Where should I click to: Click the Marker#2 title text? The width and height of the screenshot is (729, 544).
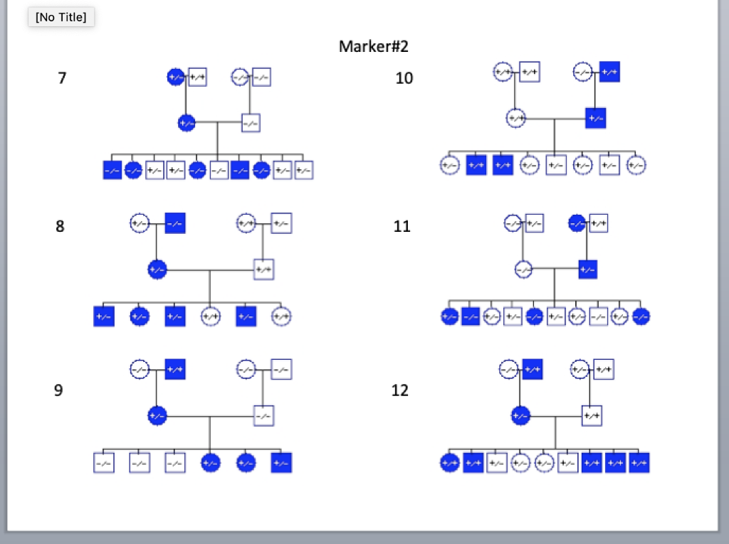(x=373, y=47)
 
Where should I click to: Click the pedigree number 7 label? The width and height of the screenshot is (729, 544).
(x=63, y=78)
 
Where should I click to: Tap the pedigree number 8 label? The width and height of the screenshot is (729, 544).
(x=60, y=227)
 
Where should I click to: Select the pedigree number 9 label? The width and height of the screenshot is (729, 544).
(x=58, y=390)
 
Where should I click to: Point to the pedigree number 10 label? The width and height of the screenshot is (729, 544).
(x=404, y=78)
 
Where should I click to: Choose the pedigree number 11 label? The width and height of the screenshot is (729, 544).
(x=402, y=227)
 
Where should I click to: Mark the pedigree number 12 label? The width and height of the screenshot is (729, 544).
(x=400, y=390)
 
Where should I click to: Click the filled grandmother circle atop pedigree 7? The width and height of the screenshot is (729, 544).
(x=175, y=77)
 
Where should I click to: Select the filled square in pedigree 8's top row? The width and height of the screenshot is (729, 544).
(x=175, y=223)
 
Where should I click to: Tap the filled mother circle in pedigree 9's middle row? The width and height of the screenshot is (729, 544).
(x=157, y=415)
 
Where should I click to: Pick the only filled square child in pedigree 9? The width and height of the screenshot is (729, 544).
(x=281, y=463)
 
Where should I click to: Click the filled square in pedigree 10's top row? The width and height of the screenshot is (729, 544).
(x=609, y=72)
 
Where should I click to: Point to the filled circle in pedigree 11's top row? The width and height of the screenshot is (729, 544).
(x=577, y=223)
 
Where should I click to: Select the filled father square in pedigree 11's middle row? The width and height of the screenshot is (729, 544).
(x=587, y=270)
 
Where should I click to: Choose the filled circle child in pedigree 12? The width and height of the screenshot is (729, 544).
(x=449, y=463)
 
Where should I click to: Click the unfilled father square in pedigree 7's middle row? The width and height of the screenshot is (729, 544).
(x=250, y=123)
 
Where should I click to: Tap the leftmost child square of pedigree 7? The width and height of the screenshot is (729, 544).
(x=112, y=170)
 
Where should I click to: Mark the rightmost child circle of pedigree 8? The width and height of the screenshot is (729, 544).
(x=281, y=316)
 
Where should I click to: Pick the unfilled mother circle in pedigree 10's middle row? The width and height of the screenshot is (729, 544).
(x=515, y=118)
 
